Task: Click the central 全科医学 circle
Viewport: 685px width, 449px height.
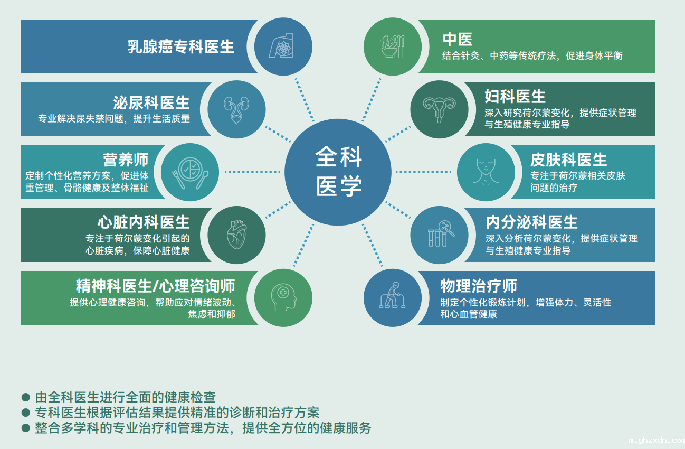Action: (x=338, y=172)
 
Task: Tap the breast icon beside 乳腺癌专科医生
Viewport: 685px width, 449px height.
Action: (x=281, y=46)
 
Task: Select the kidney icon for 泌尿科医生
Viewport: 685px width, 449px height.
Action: (x=236, y=110)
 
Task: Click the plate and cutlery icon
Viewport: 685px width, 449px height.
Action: (x=190, y=173)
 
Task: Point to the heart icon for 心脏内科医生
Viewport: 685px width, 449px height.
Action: (x=237, y=235)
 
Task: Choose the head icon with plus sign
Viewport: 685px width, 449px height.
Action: (x=283, y=297)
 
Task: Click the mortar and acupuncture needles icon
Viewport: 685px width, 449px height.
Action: (x=393, y=46)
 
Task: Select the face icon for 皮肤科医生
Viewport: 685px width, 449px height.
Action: (x=486, y=171)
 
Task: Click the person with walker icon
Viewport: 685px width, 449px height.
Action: (x=392, y=295)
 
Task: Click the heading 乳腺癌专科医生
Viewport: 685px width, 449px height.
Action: (x=180, y=47)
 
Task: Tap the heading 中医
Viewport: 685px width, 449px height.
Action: (x=458, y=39)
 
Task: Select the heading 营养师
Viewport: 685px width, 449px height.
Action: (x=126, y=160)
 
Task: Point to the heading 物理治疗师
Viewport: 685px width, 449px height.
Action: (x=479, y=286)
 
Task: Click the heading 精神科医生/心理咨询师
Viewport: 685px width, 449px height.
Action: (x=155, y=286)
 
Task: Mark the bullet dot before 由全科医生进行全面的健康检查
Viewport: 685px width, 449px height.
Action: (x=26, y=397)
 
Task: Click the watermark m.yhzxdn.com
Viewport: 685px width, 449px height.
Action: (x=657, y=441)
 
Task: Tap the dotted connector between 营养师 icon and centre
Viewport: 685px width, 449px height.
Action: (x=253, y=172)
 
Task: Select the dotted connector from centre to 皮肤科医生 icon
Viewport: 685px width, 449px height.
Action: (x=424, y=172)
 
